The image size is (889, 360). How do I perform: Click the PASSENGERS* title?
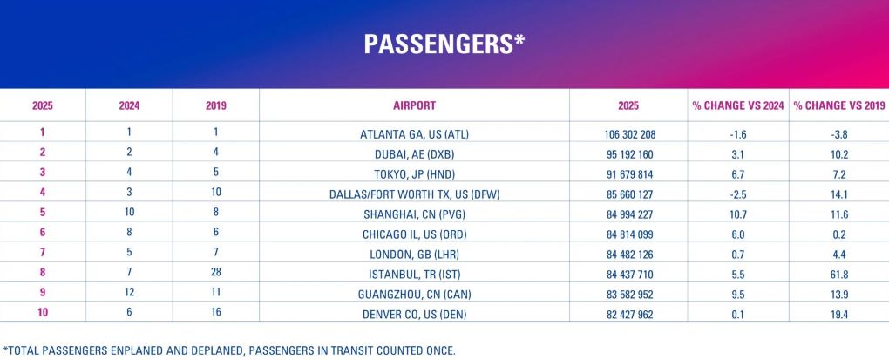click(444, 44)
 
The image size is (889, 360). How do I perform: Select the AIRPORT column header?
click(414, 105)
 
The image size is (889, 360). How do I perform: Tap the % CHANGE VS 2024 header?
click(738, 105)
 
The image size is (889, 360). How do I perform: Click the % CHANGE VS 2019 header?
click(838, 105)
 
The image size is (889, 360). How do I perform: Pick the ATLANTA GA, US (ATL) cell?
click(414, 134)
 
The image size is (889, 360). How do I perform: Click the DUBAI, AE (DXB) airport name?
click(414, 154)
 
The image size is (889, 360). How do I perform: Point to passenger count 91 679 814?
click(628, 173)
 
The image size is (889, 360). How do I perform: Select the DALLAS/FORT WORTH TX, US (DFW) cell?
click(414, 193)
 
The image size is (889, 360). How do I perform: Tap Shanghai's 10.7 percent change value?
click(738, 214)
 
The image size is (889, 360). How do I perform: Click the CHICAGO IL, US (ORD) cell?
click(414, 234)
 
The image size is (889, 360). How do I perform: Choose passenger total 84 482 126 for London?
click(628, 254)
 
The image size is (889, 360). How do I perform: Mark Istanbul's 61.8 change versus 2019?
click(838, 274)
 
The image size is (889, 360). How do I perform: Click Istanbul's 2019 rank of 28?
click(215, 274)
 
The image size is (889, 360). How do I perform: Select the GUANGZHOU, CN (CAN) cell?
click(414, 294)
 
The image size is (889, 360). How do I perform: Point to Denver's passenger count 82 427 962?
click(628, 314)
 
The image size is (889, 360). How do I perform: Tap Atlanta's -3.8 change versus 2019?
click(838, 134)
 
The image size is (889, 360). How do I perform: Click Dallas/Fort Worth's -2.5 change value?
click(738, 193)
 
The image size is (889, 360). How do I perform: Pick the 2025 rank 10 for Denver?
click(43, 314)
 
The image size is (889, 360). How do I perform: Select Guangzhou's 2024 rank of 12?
click(129, 294)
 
